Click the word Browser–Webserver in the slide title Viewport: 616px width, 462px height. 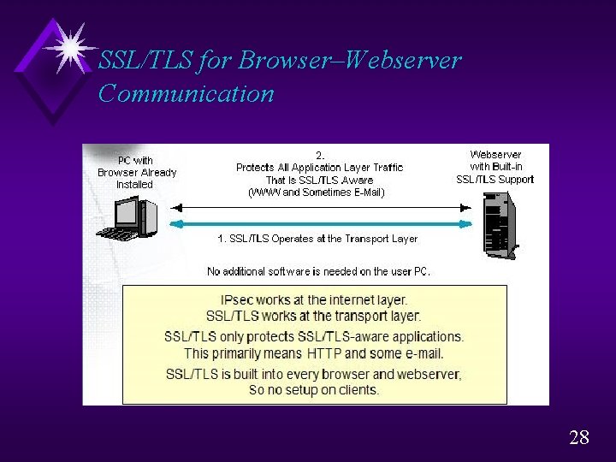point(350,61)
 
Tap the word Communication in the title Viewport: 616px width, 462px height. point(186,93)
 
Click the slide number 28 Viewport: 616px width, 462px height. point(578,438)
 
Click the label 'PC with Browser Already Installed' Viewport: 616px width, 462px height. point(136,172)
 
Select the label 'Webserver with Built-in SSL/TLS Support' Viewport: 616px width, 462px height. point(495,167)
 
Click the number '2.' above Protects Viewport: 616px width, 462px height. point(319,155)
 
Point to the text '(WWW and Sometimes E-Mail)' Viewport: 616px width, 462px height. point(317,192)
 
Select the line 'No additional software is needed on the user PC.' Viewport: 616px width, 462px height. point(319,271)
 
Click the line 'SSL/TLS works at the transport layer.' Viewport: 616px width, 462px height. point(314,316)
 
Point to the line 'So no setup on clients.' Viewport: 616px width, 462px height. point(314,389)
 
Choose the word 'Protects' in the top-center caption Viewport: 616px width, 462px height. point(256,168)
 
